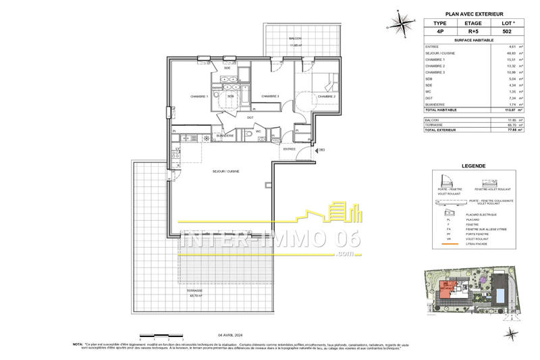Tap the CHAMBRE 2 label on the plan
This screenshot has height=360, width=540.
(327, 97)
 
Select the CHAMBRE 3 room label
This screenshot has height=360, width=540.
(270, 97)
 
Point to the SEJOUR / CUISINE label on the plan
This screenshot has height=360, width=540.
(227, 172)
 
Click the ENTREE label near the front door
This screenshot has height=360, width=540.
(290, 149)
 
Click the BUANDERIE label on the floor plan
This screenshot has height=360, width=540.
(224, 136)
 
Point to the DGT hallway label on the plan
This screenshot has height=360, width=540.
(250, 117)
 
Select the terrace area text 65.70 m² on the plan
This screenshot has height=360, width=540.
(198, 296)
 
